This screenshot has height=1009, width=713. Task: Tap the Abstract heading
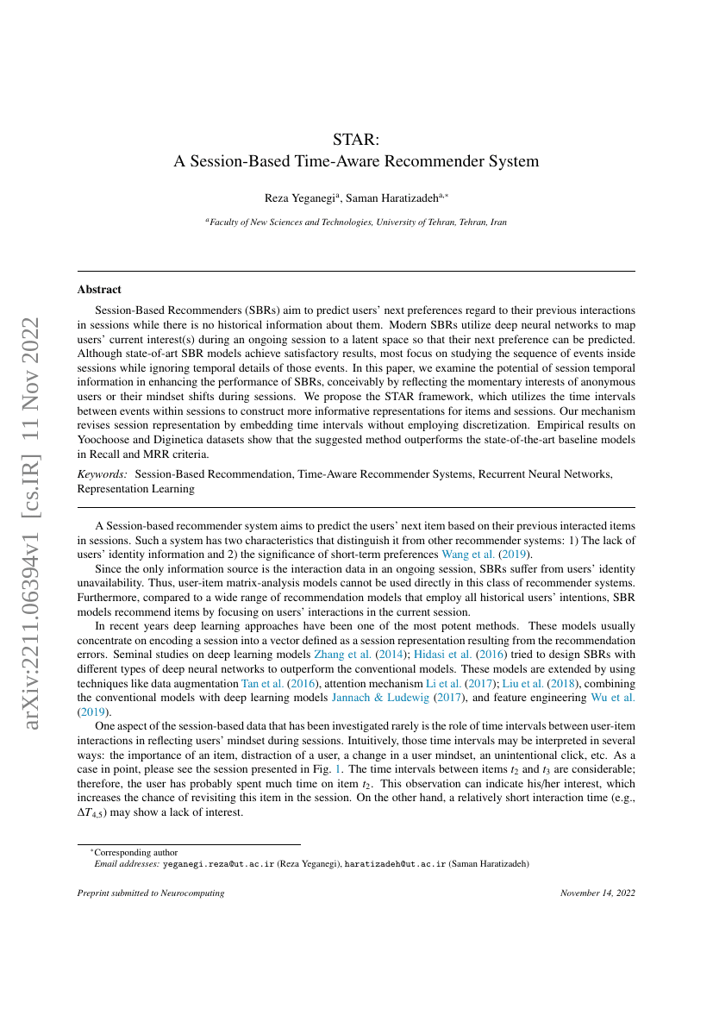pyautogui.click(x=99, y=290)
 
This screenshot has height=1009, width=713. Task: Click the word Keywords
pyautogui.click(x=102, y=474)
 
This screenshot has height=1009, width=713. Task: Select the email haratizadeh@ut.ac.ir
pyautogui.click(x=396, y=863)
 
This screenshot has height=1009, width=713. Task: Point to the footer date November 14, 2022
pyautogui.click(x=597, y=893)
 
